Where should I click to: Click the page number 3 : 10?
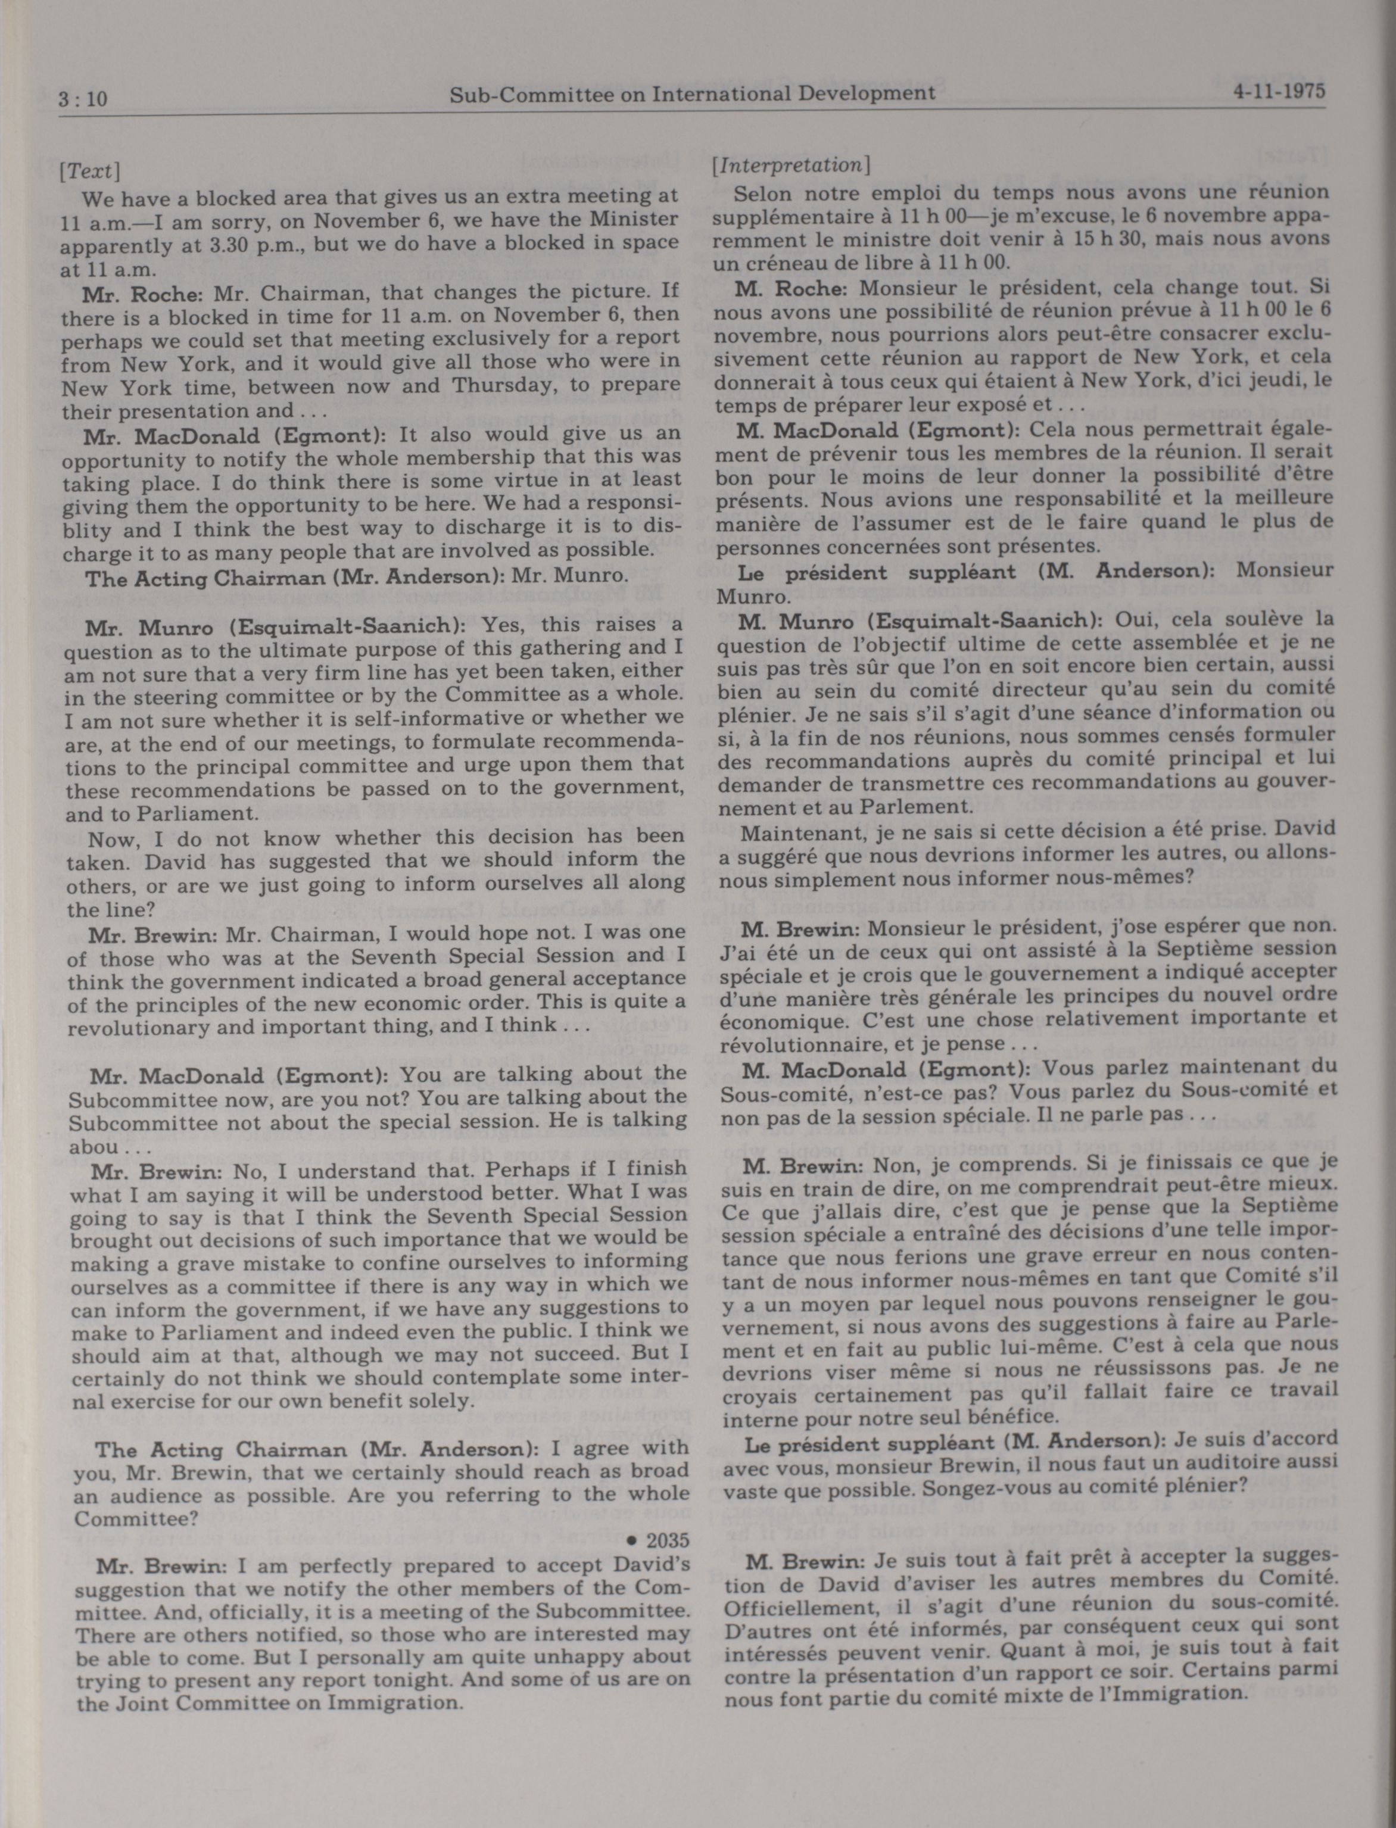pyautogui.click(x=84, y=99)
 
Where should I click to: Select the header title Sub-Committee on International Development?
pyautogui.click(x=692, y=93)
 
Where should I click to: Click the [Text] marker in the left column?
pyautogui.click(x=90, y=170)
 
